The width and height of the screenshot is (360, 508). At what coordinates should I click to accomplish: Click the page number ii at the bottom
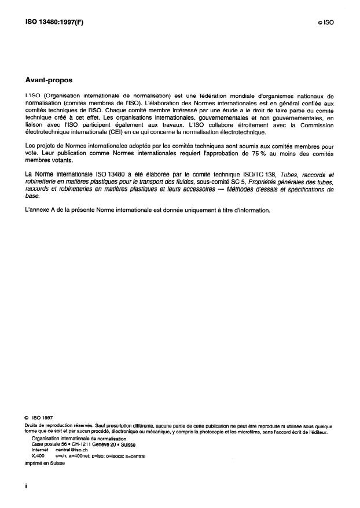(x=26, y=486)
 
